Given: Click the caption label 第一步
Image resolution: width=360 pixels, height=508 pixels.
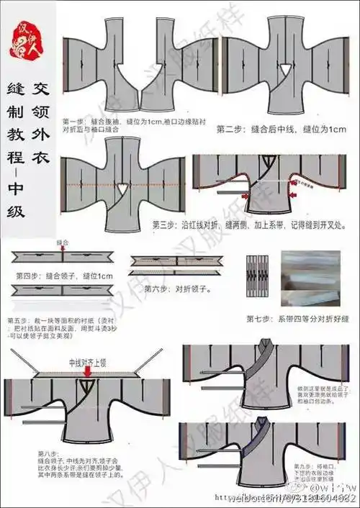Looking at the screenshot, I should [73, 120].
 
